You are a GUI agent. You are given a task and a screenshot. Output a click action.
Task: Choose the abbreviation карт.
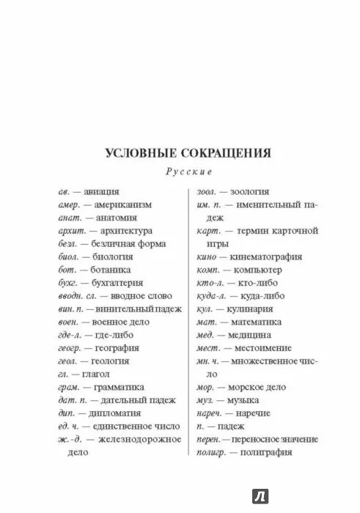[x=210, y=231]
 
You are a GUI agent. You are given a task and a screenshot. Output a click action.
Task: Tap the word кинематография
[x=269, y=257]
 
